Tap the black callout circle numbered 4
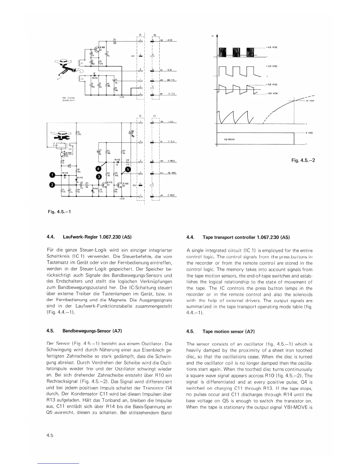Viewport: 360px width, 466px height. pos(98,169)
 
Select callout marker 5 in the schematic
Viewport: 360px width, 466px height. pos(128,169)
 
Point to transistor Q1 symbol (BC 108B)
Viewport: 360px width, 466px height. pos(97,49)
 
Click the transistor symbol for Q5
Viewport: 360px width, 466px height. pos(119,185)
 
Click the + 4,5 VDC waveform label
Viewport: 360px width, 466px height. pos(272,47)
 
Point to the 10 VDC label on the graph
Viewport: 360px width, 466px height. pos(310,101)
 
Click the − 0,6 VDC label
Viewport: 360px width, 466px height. pos(272,94)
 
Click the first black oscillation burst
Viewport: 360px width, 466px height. pos(224,53)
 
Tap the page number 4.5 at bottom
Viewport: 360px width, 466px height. pos(49,435)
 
